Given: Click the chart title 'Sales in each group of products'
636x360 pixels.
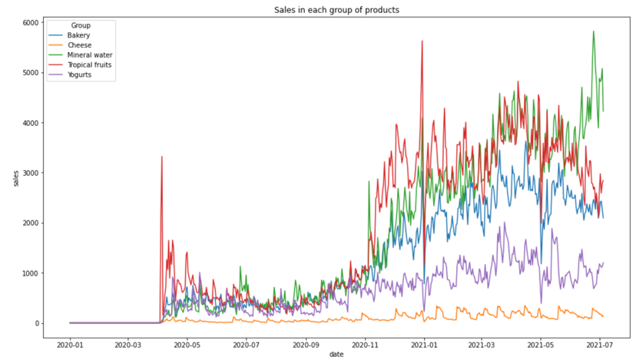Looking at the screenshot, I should point(336,10).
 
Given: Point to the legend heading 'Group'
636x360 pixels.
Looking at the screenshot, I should point(81,25).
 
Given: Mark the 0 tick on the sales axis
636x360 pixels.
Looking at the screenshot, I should point(35,323).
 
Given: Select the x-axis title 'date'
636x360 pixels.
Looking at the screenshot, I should point(336,354).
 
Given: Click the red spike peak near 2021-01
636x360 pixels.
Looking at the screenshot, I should point(422,41).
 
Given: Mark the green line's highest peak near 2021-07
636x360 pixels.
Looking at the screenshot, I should point(593,31).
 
